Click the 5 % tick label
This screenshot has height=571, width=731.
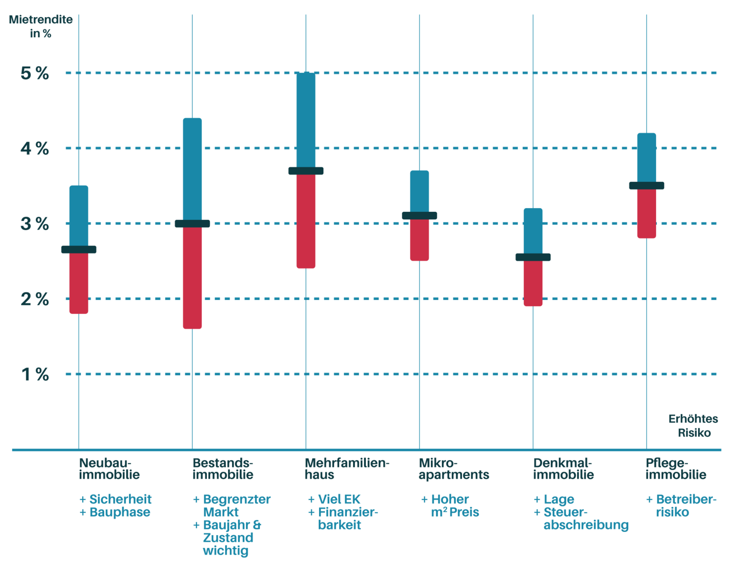(x=34, y=74)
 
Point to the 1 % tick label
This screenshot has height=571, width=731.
(x=35, y=374)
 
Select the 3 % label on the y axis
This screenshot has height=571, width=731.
(x=34, y=224)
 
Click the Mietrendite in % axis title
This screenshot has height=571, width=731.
(x=41, y=27)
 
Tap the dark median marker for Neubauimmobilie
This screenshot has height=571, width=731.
(x=79, y=250)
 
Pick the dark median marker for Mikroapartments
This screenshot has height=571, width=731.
(x=419, y=216)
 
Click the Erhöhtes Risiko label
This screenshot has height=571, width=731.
(x=693, y=426)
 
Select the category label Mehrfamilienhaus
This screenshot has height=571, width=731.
(x=347, y=469)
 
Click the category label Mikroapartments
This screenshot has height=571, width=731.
(x=453, y=469)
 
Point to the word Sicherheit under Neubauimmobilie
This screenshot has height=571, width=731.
(x=120, y=499)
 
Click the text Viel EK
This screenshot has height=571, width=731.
(x=339, y=499)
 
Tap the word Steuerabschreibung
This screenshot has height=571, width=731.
(x=585, y=519)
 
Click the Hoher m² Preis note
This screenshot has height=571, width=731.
(x=454, y=506)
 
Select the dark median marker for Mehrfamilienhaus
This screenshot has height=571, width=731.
(x=306, y=171)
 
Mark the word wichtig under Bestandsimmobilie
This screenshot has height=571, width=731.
(x=226, y=551)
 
